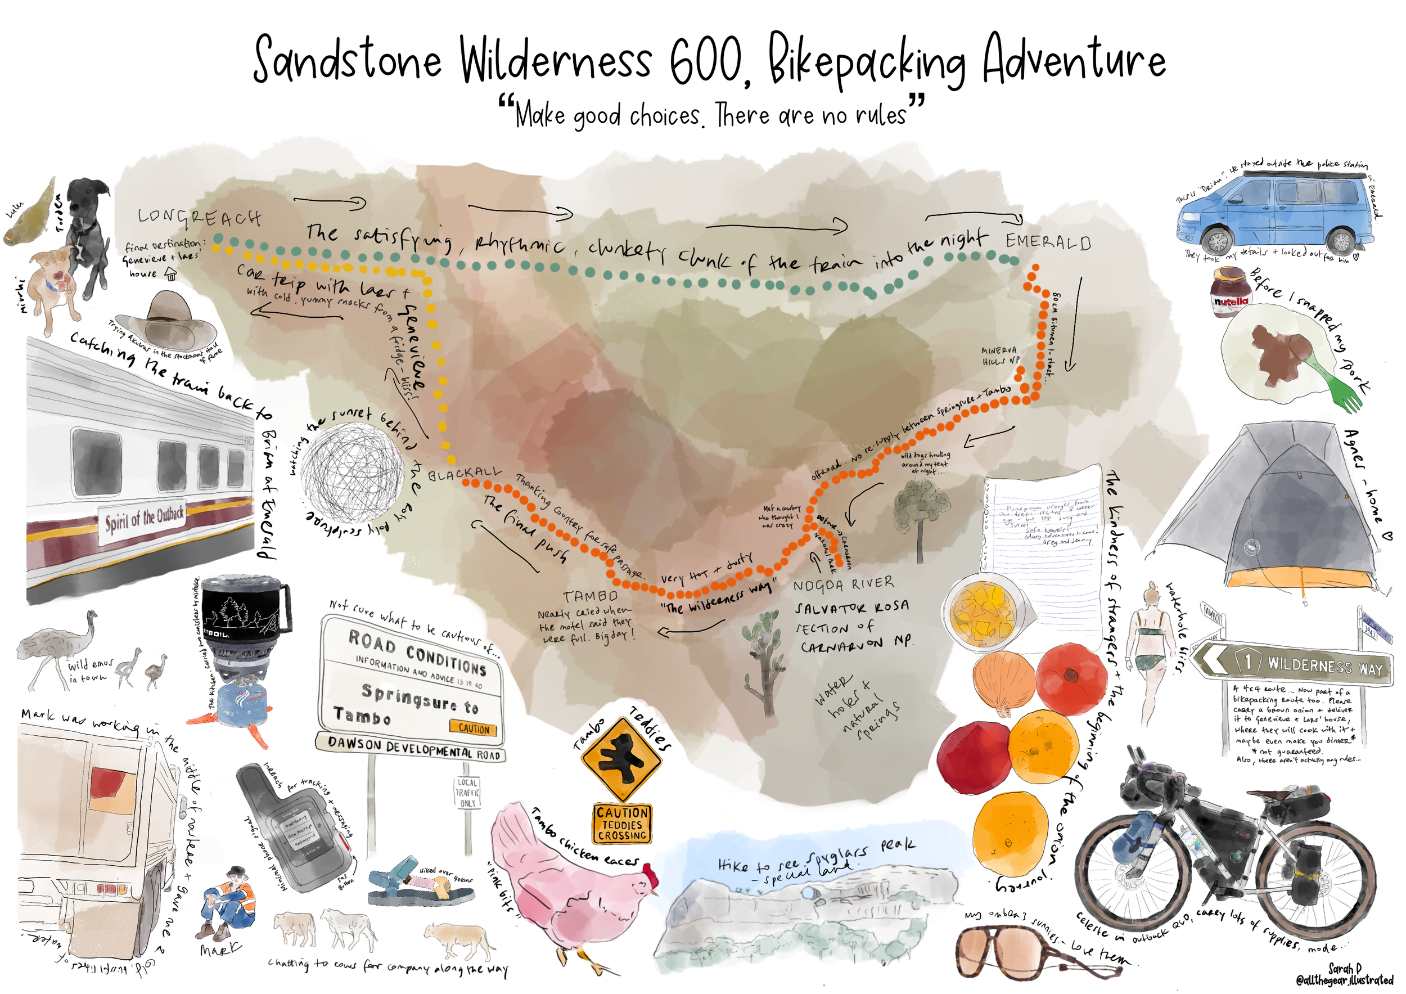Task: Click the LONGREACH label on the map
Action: tap(199, 217)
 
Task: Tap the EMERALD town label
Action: tap(1048, 242)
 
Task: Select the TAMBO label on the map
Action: tap(591, 596)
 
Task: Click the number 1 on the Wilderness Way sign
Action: tap(1247, 661)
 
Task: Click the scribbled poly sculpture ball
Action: tap(351, 473)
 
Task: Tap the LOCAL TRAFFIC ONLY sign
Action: tap(467, 793)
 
